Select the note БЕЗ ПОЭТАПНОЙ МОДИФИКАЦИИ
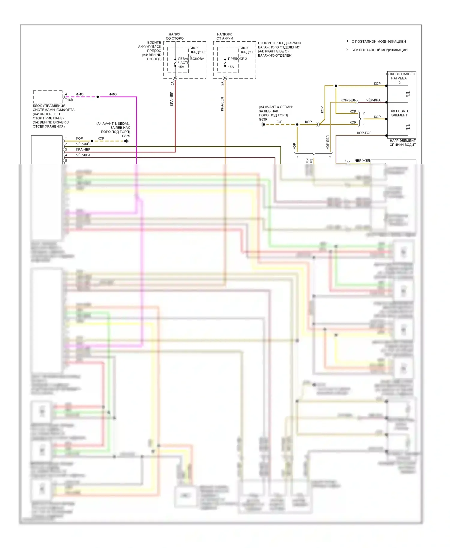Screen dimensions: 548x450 379,50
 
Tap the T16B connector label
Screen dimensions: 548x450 69,100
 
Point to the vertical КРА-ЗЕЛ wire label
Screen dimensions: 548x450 222,104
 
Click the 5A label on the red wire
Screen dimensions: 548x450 172,84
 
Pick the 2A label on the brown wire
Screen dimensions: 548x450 222,84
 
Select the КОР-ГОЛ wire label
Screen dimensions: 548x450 364,133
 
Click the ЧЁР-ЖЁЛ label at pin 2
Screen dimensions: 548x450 83,144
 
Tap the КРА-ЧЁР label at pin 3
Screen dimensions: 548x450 83,149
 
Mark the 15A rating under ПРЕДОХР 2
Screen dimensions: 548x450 231,67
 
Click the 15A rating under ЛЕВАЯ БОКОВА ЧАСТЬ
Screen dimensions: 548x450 181,67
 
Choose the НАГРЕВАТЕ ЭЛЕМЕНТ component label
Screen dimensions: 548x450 399,113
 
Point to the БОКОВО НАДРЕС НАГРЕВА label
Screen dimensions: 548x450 400,76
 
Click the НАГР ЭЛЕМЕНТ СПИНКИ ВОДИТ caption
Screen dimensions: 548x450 403,143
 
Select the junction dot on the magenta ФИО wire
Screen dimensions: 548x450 97,97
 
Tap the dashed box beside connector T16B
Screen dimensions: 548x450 48,97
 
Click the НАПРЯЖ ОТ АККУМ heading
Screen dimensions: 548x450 225,36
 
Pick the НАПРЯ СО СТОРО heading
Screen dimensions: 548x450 175,36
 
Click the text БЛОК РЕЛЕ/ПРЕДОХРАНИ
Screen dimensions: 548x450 279,43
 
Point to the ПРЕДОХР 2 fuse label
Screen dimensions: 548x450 237,59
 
